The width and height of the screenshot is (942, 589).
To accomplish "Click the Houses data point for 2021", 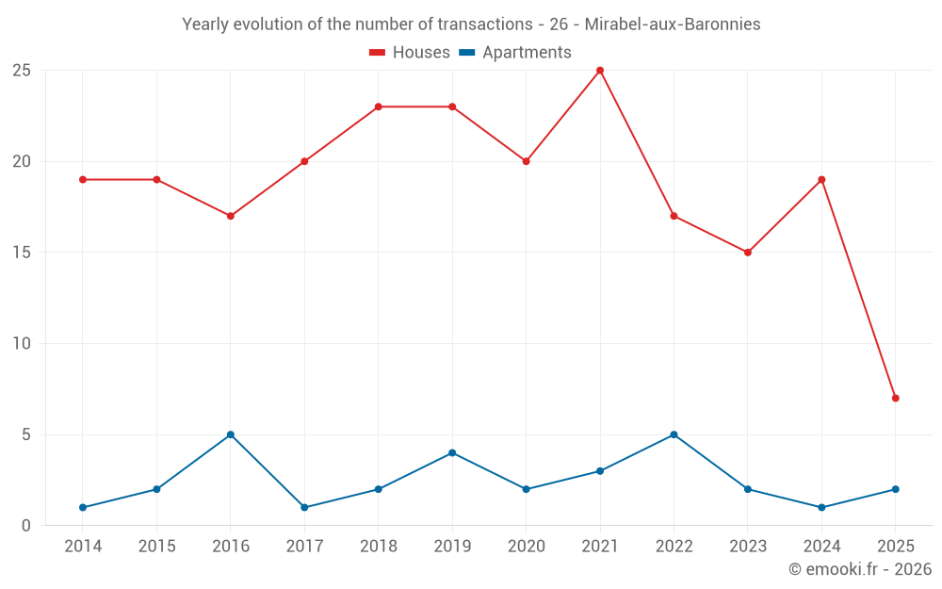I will pyautogui.click(x=600, y=71).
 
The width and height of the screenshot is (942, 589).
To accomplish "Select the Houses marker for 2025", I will pyautogui.click(x=895, y=398).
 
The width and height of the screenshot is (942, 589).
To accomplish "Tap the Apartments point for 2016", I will pyautogui.click(x=231, y=434).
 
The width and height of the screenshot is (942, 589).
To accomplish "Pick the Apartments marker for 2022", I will pyautogui.click(x=674, y=434).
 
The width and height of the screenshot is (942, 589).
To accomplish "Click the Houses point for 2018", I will pyautogui.click(x=379, y=106).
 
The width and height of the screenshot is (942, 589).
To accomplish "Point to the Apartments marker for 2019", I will pyautogui.click(x=452, y=452).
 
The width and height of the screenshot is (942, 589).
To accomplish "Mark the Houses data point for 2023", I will pyautogui.click(x=748, y=253).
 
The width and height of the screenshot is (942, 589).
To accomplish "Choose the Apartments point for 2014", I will pyautogui.click(x=83, y=507).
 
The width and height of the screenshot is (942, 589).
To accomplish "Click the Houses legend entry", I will pyautogui.click(x=410, y=53).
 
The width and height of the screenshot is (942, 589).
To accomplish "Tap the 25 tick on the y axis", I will pyautogui.click(x=22, y=71).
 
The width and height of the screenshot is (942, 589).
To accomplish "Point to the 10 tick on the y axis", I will pyautogui.click(x=22, y=344).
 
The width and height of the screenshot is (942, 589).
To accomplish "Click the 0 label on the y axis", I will pyautogui.click(x=26, y=526).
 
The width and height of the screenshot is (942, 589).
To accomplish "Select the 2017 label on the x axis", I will pyautogui.click(x=304, y=547).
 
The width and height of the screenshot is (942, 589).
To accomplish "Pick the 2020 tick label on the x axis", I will pyautogui.click(x=527, y=547).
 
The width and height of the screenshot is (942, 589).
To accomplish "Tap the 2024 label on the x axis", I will pyautogui.click(x=821, y=547).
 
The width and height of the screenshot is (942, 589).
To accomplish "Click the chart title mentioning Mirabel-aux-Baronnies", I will pyautogui.click(x=471, y=25).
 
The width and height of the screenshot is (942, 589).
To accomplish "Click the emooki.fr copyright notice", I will pyautogui.click(x=859, y=569).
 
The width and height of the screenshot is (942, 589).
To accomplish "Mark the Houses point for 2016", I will pyautogui.click(x=231, y=216).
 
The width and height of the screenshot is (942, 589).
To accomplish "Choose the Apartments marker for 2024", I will pyautogui.click(x=821, y=507).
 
